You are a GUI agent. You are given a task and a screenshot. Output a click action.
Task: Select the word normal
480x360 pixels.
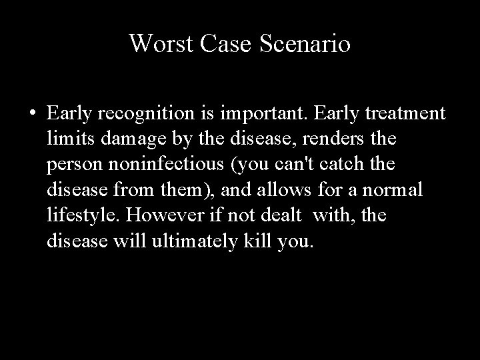pos(395,191)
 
